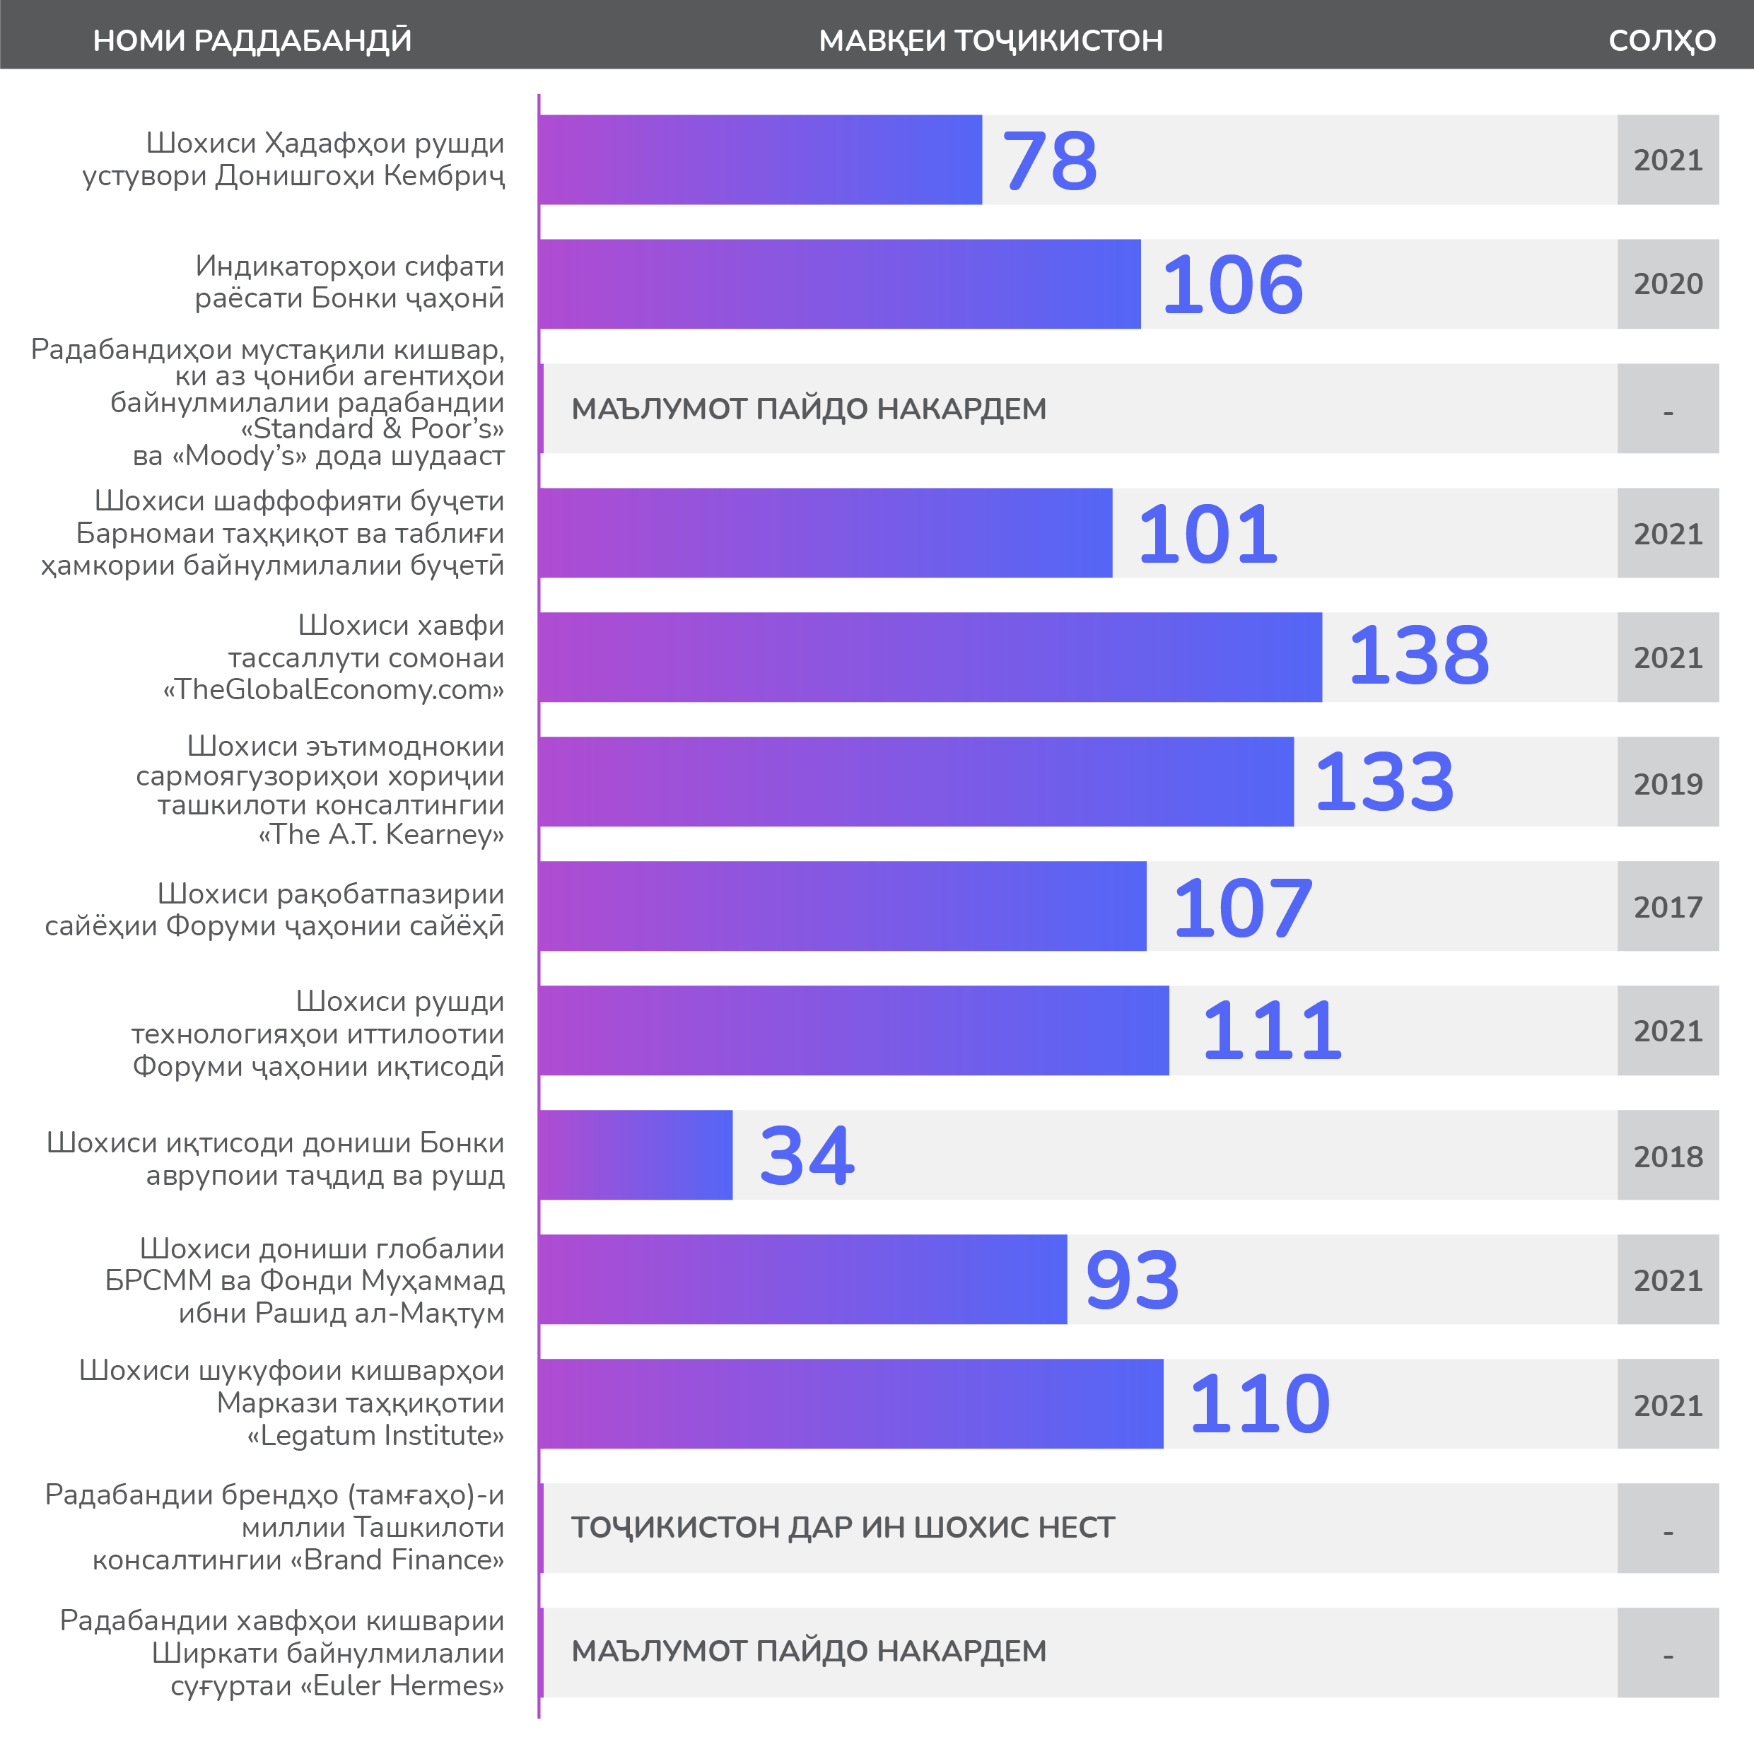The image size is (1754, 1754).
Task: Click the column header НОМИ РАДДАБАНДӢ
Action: click(x=252, y=41)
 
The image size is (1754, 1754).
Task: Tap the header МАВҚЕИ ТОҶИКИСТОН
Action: click(x=990, y=41)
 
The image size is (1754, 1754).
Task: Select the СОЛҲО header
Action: click(x=1661, y=41)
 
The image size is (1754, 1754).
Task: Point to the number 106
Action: click(x=1232, y=285)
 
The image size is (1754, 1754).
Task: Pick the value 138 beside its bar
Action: click(x=1418, y=656)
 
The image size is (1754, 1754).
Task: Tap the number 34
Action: click(x=806, y=1156)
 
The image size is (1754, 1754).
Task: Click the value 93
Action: click(x=1132, y=1280)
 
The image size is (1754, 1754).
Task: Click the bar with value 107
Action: click(x=843, y=906)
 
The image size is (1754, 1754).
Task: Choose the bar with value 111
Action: click(x=853, y=1031)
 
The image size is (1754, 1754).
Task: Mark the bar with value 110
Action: click(x=850, y=1403)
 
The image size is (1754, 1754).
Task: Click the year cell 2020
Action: click(x=1668, y=284)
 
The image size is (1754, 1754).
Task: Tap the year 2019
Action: click(x=1668, y=783)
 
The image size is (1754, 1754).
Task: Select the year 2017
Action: click(x=1668, y=907)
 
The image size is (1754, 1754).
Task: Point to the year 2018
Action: click(x=1668, y=1157)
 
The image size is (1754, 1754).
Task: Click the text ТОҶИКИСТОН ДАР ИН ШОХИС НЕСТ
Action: click(x=843, y=1528)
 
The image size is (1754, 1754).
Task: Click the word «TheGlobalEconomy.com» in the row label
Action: click(x=333, y=690)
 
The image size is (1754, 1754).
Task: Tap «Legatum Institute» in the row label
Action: click(x=376, y=1435)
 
